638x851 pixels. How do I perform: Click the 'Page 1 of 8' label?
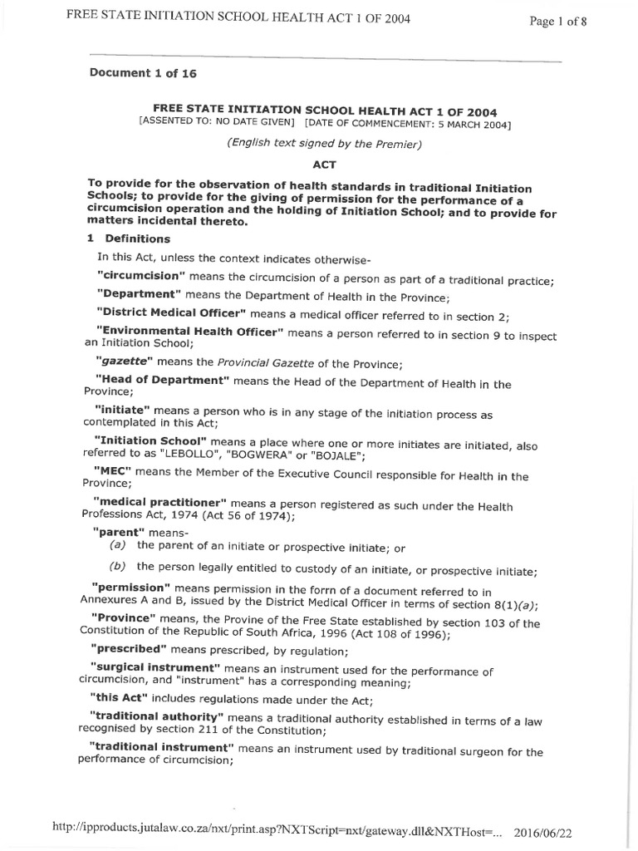558,22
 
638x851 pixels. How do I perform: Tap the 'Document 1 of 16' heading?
143,73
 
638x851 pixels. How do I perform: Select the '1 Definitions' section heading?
129,239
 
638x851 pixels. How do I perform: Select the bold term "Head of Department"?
162,382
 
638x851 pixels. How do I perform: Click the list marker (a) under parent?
117,546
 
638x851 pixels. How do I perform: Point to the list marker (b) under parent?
117,568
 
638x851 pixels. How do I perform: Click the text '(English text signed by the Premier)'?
325,145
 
